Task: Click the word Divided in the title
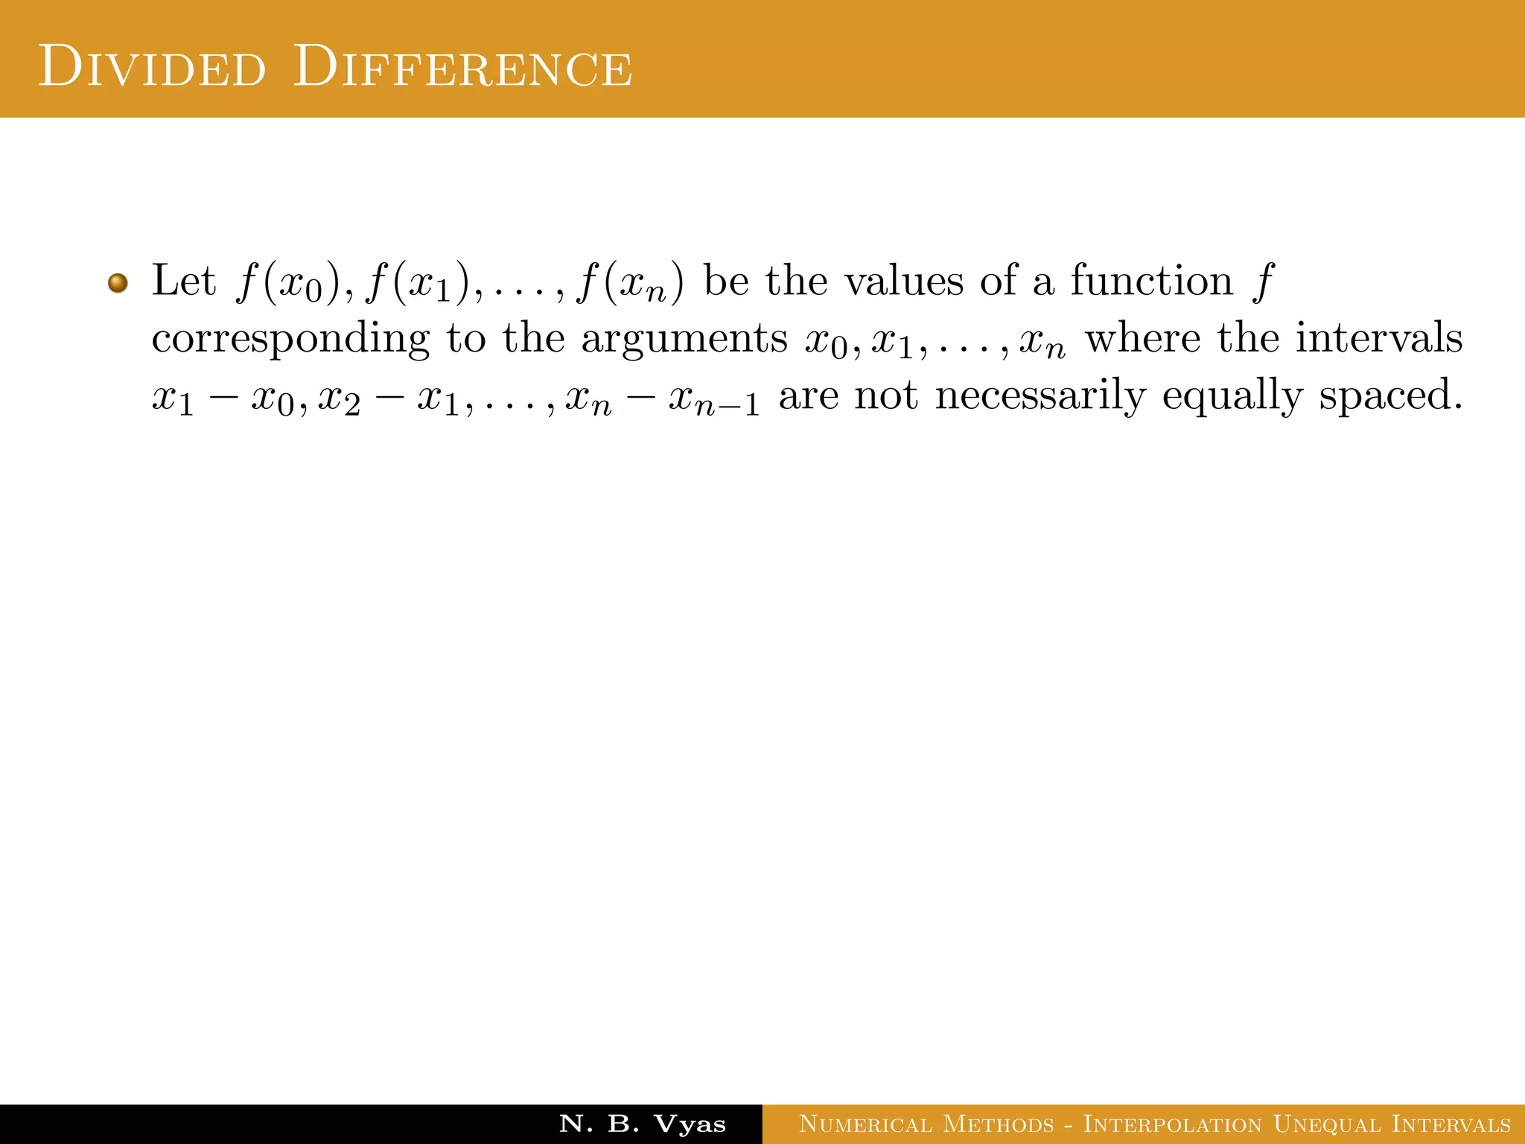[x=152, y=67]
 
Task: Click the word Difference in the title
[x=462, y=67]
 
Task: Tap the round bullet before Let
[x=118, y=283]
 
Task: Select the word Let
[x=183, y=281]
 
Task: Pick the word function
[x=1151, y=281]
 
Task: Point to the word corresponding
[x=290, y=339]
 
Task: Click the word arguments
[x=684, y=339]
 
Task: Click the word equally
[x=1232, y=395]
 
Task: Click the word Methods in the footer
[x=999, y=1124]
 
